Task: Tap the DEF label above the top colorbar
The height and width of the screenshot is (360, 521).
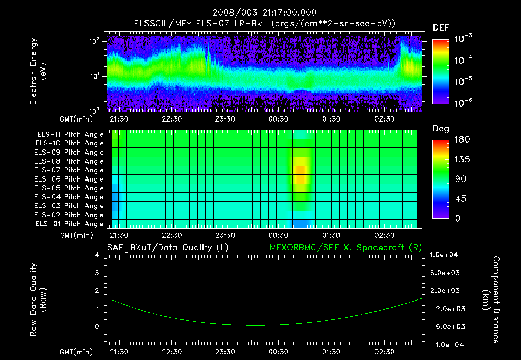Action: [441, 27]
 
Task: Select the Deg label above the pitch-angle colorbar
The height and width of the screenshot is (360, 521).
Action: [441, 129]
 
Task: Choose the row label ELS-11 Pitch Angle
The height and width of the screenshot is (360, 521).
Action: [70, 135]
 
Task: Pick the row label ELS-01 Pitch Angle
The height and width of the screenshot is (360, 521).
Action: [70, 224]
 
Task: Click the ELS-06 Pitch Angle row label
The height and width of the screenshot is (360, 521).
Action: [70, 179]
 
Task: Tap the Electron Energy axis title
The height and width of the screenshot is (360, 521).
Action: [38, 71]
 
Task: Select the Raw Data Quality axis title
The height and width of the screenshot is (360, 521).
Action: [38, 300]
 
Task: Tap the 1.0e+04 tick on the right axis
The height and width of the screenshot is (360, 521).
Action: [445, 255]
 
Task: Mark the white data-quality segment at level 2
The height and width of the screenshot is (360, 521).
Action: [307, 291]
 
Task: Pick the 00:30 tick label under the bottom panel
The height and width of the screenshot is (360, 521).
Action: [278, 352]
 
